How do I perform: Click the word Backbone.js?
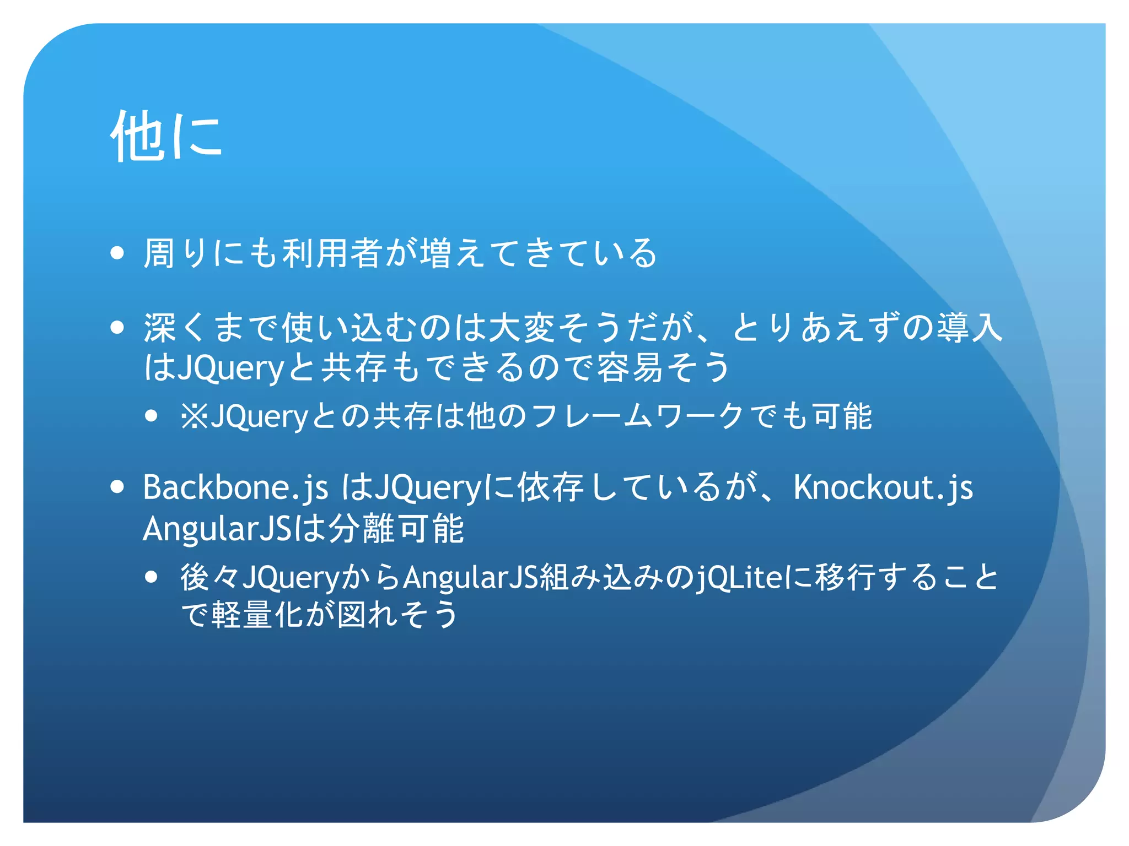pos(235,488)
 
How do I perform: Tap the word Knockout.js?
pos(883,488)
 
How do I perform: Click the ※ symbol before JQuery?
pos(195,416)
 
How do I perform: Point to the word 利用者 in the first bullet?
pos(332,254)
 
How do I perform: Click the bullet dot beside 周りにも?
pos(117,253)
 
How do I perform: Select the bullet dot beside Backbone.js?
pos(117,487)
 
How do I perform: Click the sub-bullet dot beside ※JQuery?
pos(152,416)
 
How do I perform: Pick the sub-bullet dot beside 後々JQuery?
pos(152,577)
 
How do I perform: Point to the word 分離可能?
pos(396,529)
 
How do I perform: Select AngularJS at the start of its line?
pos(217,529)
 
